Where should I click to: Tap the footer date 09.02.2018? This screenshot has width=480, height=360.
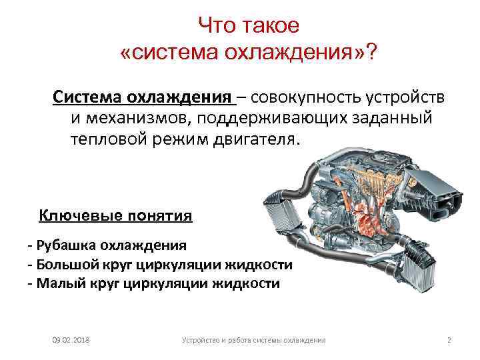(71, 341)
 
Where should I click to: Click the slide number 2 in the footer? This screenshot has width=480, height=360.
(449, 341)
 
